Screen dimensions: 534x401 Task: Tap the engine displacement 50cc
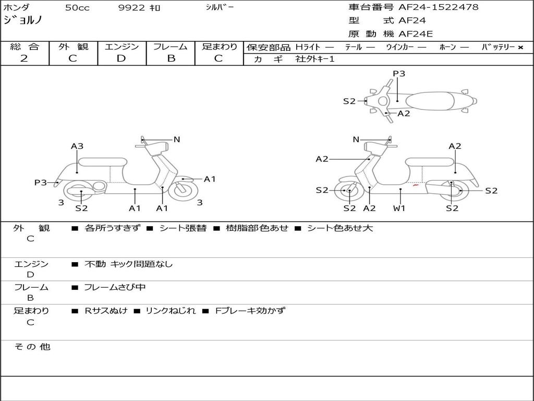76,8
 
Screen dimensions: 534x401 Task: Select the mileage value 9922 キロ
139,8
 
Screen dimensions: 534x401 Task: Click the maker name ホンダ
17,8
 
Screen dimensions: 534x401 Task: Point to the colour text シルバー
220,7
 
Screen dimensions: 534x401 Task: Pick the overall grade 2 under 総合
24,58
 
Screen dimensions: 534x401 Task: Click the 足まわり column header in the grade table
219,47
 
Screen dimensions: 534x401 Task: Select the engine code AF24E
416,34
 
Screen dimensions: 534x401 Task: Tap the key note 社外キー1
315,59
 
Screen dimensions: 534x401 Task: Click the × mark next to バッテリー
520,48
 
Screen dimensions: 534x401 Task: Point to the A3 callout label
77,146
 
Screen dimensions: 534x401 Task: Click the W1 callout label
399,208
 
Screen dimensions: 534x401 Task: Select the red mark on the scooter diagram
416,185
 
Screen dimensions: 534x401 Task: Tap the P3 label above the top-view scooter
399,74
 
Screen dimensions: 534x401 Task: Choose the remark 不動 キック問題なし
128,264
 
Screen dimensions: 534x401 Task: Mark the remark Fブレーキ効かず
250,311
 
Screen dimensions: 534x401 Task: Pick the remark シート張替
183,228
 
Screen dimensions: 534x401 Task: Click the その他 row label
32,347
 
